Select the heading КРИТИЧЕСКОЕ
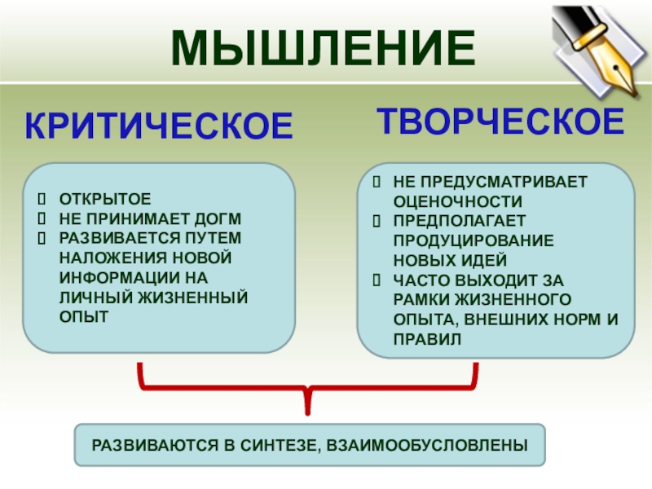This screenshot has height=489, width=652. point(158,126)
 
